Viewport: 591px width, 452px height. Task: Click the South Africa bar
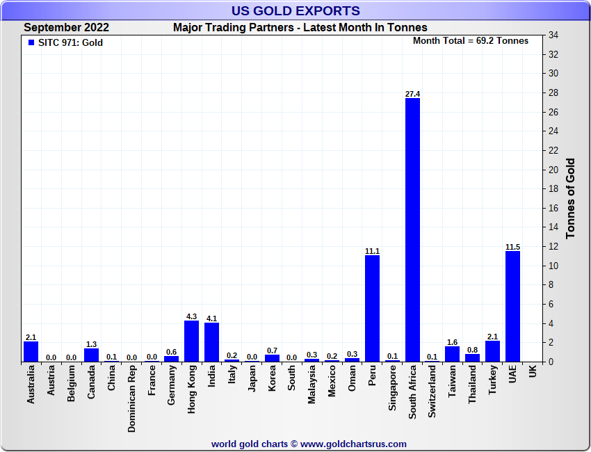412,229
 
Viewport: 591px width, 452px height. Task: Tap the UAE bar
512,306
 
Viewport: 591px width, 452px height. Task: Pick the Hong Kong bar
191,341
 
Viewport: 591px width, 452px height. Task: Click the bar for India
211,342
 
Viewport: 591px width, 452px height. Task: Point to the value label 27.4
412,94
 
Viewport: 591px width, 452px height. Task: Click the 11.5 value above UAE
512,247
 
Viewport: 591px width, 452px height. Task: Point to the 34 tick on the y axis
553,35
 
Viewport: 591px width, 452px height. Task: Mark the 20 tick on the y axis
553,170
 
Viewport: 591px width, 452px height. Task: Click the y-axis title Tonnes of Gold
571,198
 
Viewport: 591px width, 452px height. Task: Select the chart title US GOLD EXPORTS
295,10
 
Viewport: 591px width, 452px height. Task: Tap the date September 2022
67,28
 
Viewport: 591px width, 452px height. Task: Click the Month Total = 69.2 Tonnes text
471,40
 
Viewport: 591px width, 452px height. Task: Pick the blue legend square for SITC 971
31,42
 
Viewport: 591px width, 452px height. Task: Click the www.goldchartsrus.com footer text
353,444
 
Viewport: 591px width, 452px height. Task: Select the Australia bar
31,351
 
